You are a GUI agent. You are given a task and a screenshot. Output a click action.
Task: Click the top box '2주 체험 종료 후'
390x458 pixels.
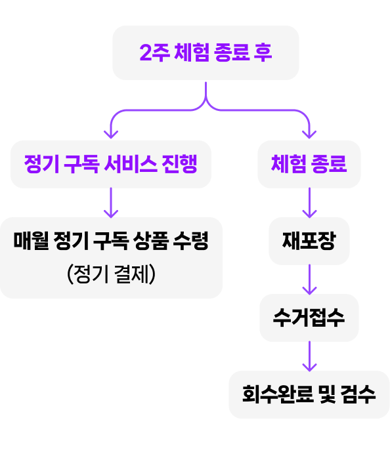click(x=206, y=53)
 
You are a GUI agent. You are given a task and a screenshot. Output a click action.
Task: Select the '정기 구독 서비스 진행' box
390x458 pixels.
click(x=111, y=164)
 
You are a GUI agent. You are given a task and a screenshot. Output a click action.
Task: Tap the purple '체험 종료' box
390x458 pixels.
click(x=309, y=164)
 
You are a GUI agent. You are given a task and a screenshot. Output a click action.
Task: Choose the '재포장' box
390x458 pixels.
click(x=309, y=241)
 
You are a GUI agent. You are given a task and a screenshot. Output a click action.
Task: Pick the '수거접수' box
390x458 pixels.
click(x=309, y=318)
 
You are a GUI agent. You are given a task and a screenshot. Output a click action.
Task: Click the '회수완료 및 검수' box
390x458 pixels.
click(x=309, y=394)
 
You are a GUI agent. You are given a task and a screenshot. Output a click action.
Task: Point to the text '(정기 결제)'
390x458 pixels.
click(x=111, y=274)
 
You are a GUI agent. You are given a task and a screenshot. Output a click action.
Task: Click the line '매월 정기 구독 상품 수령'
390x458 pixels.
click(x=111, y=241)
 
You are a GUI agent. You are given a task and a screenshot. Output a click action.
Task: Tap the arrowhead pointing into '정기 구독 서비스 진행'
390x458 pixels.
click(x=111, y=135)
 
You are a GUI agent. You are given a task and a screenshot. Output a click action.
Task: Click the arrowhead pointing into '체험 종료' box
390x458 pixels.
click(x=309, y=135)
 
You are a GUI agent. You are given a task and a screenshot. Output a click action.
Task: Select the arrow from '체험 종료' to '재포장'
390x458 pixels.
click(x=309, y=203)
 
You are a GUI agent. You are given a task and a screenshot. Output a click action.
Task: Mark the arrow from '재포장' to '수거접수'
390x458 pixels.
click(x=309, y=280)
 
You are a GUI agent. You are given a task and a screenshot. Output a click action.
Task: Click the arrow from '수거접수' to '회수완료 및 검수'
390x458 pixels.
click(x=309, y=356)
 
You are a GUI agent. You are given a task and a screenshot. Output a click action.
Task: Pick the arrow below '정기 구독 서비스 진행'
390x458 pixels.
click(x=111, y=203)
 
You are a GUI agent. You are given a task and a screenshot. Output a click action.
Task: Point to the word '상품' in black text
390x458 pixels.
click(x=151, y=241)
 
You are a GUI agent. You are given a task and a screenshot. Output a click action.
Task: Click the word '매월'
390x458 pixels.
click(x=32, y=241)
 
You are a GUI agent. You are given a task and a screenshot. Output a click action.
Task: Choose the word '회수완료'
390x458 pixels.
click(x=278, y=394)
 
